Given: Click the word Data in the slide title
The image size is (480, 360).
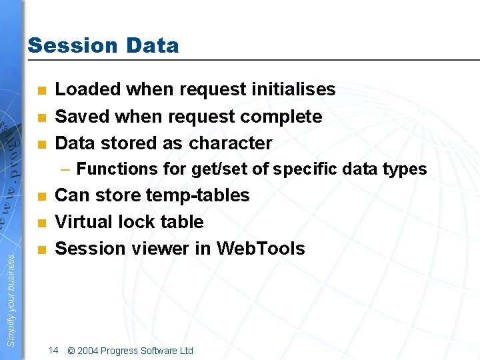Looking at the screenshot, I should [x=150, y=45].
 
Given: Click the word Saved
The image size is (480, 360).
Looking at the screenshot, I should [x=77, y=116].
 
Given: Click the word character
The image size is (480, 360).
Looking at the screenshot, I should [x=231, y=143].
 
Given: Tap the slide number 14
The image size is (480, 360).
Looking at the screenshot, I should [x=54, y=350].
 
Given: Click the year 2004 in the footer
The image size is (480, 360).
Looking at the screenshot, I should [x=89, y=351].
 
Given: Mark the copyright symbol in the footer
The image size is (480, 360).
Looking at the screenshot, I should [x=71, y=351].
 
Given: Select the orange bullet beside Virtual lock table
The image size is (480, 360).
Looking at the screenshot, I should [x=42, y=223].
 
